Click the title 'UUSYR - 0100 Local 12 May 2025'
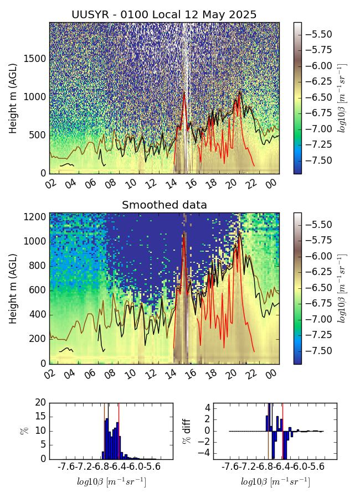164,14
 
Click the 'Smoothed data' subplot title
164,205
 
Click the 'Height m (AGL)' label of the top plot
13,98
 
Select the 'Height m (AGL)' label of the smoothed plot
13,288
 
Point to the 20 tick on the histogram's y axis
40,403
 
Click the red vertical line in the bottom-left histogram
119,430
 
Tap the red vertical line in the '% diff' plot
282,430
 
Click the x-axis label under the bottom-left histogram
111,481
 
